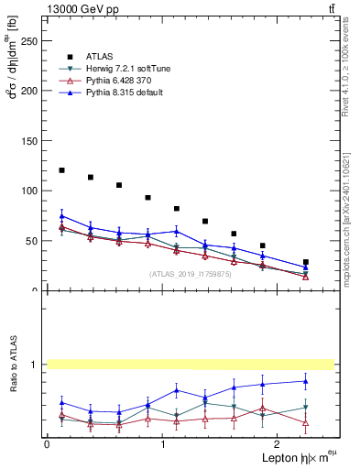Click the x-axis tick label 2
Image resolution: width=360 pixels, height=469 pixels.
[278, 445]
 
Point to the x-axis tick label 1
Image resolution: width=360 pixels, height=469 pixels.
[162, 445]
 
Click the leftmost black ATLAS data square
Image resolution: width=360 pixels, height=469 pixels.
[61, 170]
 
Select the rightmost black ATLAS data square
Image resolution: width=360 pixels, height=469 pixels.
[306, 262]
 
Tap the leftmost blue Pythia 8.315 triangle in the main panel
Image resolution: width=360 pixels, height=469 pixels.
[61, 216]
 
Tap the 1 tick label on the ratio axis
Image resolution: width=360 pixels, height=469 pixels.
[35, 365]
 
